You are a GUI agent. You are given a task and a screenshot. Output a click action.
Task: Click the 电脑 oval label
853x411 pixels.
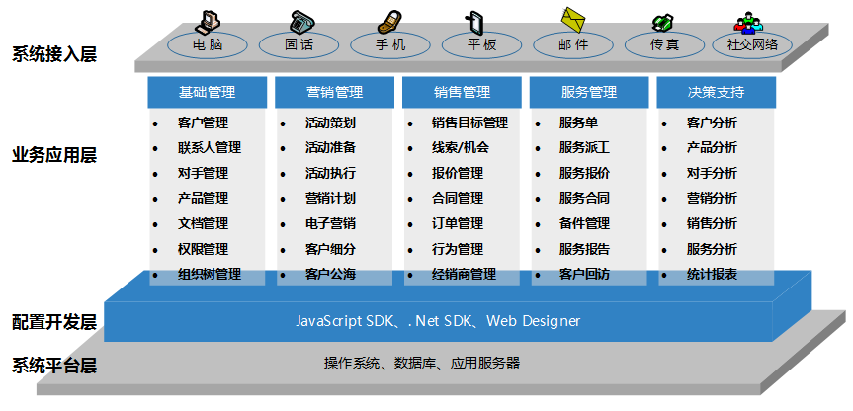tap(208, 45)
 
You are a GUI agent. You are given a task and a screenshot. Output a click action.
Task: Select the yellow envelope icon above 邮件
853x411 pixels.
tap(574, 18)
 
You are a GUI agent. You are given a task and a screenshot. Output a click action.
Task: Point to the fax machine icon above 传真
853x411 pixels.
tap(662, 21)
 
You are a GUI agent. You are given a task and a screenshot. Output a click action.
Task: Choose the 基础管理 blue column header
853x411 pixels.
tap(207, 93)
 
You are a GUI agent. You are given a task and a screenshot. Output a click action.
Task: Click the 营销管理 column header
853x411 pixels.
tap(334, 93)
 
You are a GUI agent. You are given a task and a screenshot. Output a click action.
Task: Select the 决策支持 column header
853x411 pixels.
tap(716, 93)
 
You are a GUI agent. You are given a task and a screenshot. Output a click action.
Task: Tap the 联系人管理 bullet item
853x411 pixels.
tap(209, 148)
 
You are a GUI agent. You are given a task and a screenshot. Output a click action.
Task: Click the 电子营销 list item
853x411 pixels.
tap(330, 223)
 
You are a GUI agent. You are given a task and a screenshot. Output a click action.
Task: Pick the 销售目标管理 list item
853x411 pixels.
tap(469, 123)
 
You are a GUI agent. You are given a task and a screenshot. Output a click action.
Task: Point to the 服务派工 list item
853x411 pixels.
tap(584, 148)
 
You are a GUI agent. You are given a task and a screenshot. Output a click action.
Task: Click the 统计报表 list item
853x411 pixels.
tap(712, 274)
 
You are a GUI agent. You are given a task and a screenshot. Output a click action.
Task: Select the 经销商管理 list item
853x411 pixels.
tap(464, 274)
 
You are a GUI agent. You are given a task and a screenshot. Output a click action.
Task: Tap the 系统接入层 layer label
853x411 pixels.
tap(54, 53)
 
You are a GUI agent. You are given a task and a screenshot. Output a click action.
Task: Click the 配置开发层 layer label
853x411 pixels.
tap(54, 322)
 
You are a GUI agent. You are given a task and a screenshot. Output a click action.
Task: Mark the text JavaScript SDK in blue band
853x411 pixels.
tap(344, 321)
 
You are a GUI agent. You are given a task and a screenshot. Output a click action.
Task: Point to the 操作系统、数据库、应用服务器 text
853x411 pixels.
tap(421, 363)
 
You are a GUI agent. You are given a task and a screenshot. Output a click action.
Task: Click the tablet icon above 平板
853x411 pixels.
tap(476, 21)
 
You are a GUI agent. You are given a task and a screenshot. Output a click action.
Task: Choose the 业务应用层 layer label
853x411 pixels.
tap(54, 156)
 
